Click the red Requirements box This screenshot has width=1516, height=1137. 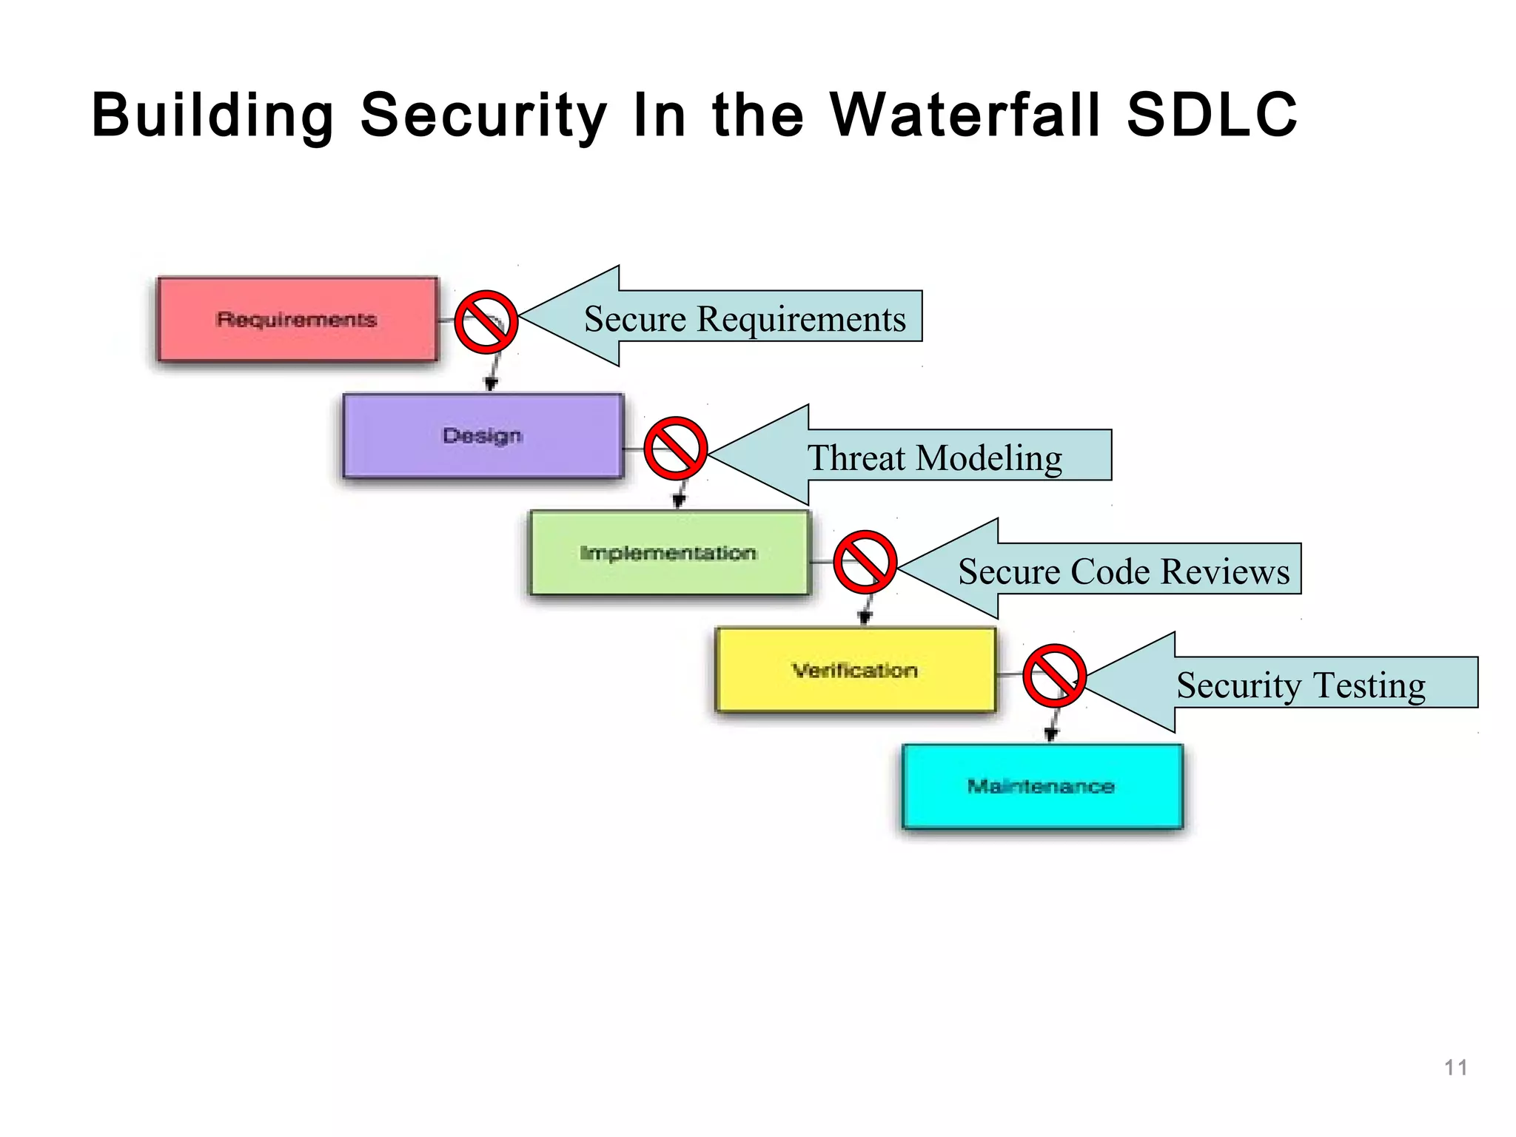[x=298, y=320]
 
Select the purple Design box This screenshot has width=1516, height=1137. [x=483, y=436]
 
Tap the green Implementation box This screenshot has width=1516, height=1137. [x=669, y=553]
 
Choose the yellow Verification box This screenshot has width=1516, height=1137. [x=856, y=671]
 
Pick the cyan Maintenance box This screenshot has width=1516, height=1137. [x=1042, y=787]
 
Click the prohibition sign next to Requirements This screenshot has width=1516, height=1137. [x=486, y=322]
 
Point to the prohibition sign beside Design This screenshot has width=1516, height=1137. [x=675, y=449]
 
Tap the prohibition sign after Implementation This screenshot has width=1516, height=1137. [x=865, y=562]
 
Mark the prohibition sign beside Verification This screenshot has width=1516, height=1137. [x=1054, y=676]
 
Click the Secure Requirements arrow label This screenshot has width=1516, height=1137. [x=745, y=319]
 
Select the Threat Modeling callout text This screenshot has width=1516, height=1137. [x=934, y=458]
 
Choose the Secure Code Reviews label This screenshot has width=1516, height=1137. [x=1124, y=571]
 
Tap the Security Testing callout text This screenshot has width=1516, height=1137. [x=1301, y=685]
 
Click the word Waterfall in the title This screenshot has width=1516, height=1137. [x=965, y=115]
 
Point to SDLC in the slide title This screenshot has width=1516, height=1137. [x=1213, y=115]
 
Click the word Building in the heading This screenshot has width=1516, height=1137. [x=213, y=115]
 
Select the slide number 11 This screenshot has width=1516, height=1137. [x=1455, y=1067]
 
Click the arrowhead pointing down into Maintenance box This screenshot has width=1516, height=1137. [x=1050, y=734]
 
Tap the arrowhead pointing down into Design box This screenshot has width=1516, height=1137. [x=490, y=383]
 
